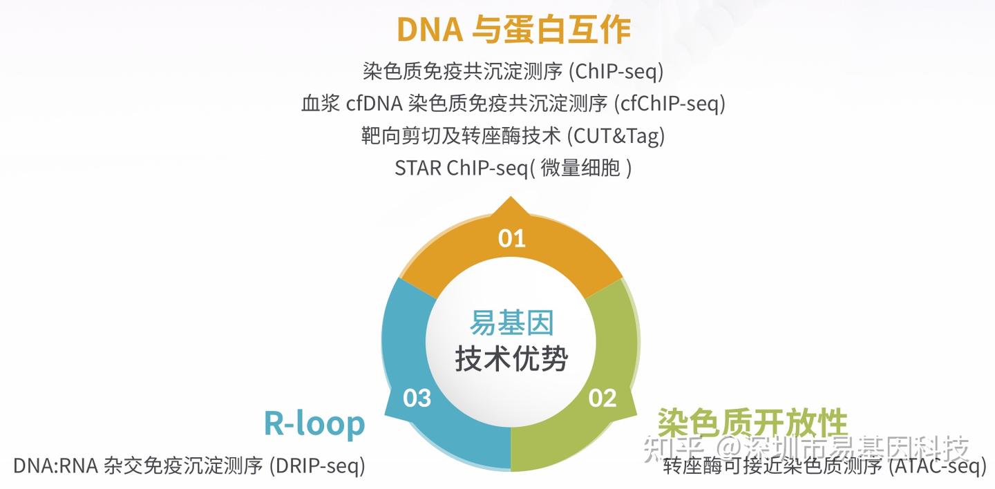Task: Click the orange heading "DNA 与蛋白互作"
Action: tap(513, 30)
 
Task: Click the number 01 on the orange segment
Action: tap(512, 238)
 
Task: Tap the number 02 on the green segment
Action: tap(603, 398)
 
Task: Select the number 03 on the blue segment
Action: tap(417, 398)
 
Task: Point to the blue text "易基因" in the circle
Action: tap(512, 323)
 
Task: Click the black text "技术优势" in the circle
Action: tap(512, 358)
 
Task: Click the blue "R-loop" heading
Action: tap(314, 424)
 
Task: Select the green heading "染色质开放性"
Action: tap(752, 422)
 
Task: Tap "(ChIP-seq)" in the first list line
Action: tap(616, 72)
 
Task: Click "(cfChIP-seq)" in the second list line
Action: tap(670, 104)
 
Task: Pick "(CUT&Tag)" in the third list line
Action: tap(616, 136)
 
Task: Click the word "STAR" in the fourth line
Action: tap(418, 169)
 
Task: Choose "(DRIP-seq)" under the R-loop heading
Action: tap(318, 466)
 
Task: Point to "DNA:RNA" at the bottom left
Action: tap(55, 466)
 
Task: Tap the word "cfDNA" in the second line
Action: tap(375, 104)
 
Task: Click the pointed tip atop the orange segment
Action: tap(511, 197)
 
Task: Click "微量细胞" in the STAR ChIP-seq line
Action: tap(580, 168)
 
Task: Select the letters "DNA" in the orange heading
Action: tap(430, 30)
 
